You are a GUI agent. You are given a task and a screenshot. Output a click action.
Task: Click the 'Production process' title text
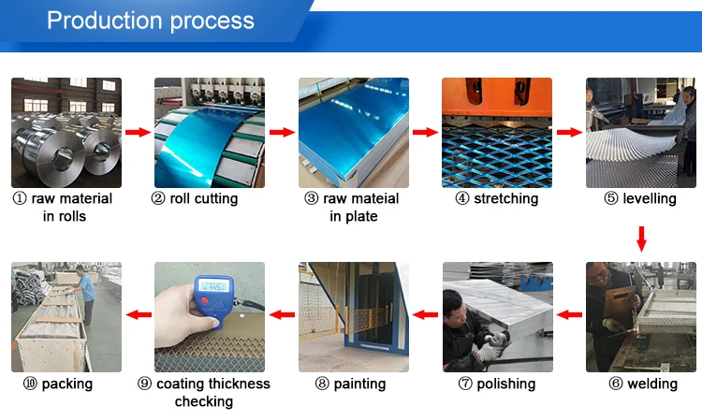coord(151,21)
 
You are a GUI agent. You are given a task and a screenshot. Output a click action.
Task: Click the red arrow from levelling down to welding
coord(641,239)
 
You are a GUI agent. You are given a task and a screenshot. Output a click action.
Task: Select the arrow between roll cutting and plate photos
coord(282,132)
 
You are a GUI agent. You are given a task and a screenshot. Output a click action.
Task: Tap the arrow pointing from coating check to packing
coord(139,315)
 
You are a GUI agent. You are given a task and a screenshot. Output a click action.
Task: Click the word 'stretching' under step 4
coord(505,198)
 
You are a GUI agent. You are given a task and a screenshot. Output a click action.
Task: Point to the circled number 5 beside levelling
coord(611,198)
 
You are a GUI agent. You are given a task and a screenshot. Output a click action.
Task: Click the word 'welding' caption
coord(652,384)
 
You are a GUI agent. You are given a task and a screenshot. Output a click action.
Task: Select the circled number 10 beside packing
coord(30,384)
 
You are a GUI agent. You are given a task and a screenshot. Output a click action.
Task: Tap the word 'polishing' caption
coord(505,384)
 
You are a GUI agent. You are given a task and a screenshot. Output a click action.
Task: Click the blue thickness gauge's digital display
coord(213,285)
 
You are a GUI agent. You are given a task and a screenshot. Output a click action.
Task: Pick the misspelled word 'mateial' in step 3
coord(361,198)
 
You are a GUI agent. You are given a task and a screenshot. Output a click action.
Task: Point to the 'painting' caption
coord(359,384)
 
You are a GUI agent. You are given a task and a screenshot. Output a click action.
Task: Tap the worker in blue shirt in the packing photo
coord(85,294)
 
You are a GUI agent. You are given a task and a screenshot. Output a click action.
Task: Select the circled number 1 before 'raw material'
coord(20,198)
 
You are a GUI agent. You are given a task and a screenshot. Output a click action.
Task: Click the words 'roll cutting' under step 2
coord(204,198)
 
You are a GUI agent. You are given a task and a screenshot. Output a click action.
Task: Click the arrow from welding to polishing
coord(569,315)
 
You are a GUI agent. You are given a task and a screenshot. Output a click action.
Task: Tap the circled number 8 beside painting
coord(322,384)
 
